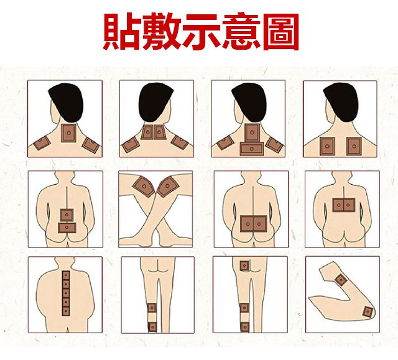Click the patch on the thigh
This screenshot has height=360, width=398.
(244, 266)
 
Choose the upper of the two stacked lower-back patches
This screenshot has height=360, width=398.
(66, 215)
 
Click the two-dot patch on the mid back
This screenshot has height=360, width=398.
(343, 204)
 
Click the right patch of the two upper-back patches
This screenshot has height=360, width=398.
(353, 145)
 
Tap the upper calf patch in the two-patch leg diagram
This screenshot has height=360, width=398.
(152, 309)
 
